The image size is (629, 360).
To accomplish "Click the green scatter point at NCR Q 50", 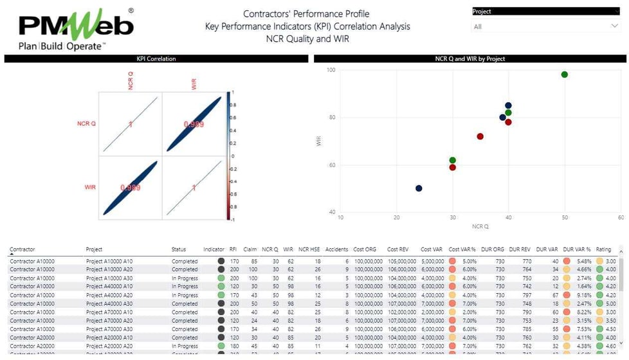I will tap(564, 75).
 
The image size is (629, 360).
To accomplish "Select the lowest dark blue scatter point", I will tap(419, 188).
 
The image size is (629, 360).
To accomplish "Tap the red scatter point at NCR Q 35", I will tap(480, 136).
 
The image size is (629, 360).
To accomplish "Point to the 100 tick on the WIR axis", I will tap(332, 70).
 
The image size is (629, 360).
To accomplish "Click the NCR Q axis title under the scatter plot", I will tap(479, 227).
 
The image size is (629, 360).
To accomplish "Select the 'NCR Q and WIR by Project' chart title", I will tap(469, 59).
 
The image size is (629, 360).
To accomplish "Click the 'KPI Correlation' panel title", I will tap(156, 59).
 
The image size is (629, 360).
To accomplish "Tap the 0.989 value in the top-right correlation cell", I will tap(194, 124).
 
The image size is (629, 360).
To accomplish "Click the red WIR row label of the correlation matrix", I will tap(90, 187).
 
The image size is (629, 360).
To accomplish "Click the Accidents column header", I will tap(336, 249).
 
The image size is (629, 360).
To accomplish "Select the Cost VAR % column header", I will tap(462, 249).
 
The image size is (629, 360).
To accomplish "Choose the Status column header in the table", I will tap(178, 249).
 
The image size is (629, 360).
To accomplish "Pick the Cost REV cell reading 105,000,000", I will tap(400, 262).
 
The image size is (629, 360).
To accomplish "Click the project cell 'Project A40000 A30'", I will tap(111, 303).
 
